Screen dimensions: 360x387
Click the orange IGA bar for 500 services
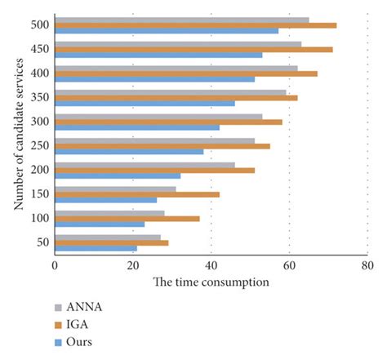point(195,25)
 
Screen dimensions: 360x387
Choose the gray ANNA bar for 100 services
point(109,212)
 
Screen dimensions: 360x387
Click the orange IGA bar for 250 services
point(162,146)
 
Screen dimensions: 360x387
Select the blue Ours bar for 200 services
point(118,176)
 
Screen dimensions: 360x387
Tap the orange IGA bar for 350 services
point(176,98)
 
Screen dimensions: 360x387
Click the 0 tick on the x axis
point(55,265)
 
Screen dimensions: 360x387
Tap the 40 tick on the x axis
point(211,265)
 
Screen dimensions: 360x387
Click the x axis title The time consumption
point(211,282)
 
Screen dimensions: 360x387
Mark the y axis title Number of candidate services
point(18,135)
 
